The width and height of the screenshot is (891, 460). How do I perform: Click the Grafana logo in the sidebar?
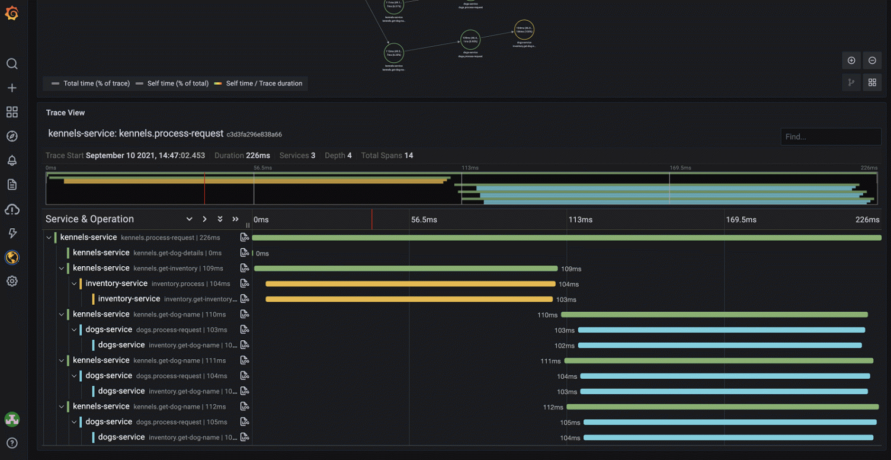pyautogui.click(x=12, y=13)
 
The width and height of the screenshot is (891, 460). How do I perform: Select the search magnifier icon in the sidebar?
pyautogui.click(x=12, y=64)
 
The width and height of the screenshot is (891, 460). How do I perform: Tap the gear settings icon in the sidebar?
pyautogui.click(x=12, y=282)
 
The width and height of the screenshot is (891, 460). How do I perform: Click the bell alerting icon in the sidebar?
pyautogui.click(x=12, y=161)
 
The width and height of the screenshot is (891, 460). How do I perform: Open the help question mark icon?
pyautogui.click(x=12, y=443)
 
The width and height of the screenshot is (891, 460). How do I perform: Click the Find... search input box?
pyautogui.click(x=831, y=137)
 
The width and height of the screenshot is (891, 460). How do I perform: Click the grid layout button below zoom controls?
pyautogui.click(x=872, y=83)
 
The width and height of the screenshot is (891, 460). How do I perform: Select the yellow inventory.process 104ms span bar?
pyautogui.click(x=410, y=284)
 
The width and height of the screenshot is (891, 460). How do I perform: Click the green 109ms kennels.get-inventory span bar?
pyautogui.click(x=406, y=269)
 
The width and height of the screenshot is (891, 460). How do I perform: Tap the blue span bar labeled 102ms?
pyautogui.click(x=720, y=346)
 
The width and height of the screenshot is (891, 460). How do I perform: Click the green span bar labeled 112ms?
pyautogui.click(x=722, y=407)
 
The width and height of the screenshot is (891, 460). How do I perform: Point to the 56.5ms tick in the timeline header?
pyautogui.click(x=424, y=220)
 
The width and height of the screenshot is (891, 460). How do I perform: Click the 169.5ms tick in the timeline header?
pyautogui.click(x=741, y=220)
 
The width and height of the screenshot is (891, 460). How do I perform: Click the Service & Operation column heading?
pyautogui.click(x=89, y=219)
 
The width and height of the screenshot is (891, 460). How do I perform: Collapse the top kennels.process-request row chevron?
pyautogui.click(x=49, y=238)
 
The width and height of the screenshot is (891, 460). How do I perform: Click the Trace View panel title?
pyautogui.click(x=65, y=113)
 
